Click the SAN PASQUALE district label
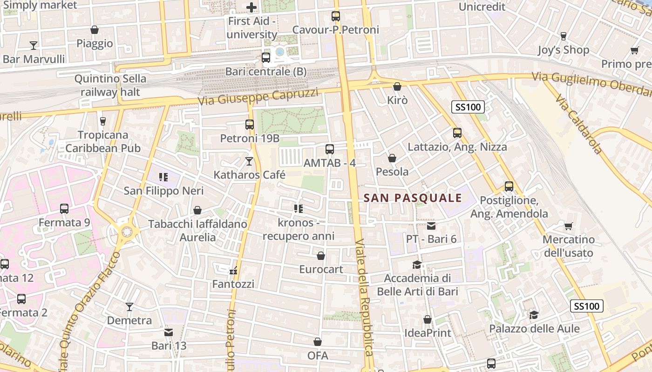(413, 198)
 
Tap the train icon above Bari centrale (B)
(266, 58)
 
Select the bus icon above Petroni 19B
(250, 125)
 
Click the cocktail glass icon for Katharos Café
(249, 161)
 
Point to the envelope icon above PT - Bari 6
(431, 226)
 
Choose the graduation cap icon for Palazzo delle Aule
(534, 315)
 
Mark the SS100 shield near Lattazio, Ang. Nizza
(468, 107)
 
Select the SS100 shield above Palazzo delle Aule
(587, 306)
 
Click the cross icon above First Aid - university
(251, 7)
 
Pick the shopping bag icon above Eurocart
(320, 256)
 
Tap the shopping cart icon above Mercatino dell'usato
(568, 226)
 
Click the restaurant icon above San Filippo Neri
(163, 177)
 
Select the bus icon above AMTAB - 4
(330, 149)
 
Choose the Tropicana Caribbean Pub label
(103, 141)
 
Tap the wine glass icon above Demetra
(129, 307)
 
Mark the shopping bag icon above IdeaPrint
(428, 319)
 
